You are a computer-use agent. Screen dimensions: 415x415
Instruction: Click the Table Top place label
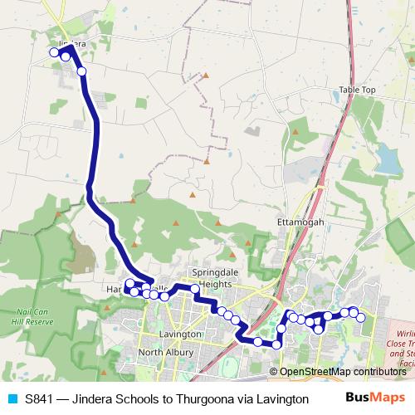357,90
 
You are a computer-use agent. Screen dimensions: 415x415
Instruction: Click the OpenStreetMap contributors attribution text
341,373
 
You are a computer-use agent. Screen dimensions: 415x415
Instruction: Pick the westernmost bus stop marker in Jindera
54,52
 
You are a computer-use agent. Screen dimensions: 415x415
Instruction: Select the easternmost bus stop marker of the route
360,318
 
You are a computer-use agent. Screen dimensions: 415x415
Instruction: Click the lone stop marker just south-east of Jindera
81,71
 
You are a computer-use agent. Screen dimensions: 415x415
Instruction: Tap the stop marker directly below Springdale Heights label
195,290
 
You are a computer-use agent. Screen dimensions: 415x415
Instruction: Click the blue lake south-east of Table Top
388,155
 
